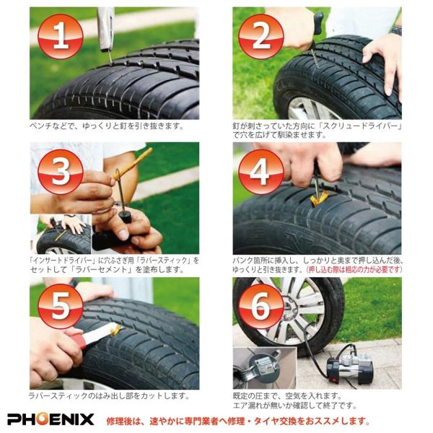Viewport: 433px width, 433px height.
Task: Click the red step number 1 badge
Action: pyautogui.click(x=61, y=37)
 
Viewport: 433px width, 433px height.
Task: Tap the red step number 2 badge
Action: pyautogui.click(x=261, y=37)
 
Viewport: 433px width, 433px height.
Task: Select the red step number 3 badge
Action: pyautogui.click(x=61, y=172)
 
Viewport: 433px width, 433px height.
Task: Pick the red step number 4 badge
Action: pyautogui.click(x=261, y=172)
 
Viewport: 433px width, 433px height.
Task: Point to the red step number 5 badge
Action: pyautogui.click(x=61, y=307)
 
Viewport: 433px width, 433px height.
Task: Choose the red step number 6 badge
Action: pyautogui.click(x=261, y=307)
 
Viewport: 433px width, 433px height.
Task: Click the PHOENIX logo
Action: pyautogui.click(x=51, y=419)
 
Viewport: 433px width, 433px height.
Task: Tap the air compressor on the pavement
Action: pyautogui.click(x=349, y=364)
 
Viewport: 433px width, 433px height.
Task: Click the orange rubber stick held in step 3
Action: pyautogui.click(x=133, y=164)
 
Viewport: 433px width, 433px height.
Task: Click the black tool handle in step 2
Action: pyautogui.click(x=318, y=24)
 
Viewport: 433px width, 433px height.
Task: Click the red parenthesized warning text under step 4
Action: pyautogui.click(x=354, y=269)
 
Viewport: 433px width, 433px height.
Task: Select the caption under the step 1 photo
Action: pyautogui.click(x=107, y=126)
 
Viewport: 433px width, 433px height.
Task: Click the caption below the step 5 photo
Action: pyautogui.click(x=109, y=396)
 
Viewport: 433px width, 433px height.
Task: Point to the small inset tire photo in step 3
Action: pyautogui.click(x=61, y=234)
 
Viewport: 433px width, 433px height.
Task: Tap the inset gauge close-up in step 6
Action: pyautogui.click(x=264, y=368)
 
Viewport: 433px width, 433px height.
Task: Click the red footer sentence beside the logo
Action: pyautogui.click(x=238, y=421)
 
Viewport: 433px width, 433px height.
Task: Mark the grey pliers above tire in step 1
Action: pyautogui.click(x=106, y=30)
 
